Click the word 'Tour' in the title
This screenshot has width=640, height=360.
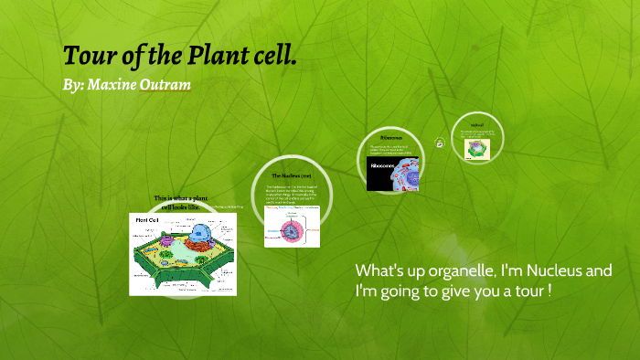pyautogui.click(x=86, y=56)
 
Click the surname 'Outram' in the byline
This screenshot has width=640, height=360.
pyautogui.click(x=165, y=85)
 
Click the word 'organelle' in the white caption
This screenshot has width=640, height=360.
pyautogui.click(x=450, y=271)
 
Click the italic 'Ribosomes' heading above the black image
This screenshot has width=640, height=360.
pyautogui.click(x=392, y=138)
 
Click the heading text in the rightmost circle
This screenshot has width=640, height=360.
pyautogui.click(x=476, y=124)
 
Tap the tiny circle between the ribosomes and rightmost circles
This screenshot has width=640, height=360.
pyautogui.click(x=440, y=143)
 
